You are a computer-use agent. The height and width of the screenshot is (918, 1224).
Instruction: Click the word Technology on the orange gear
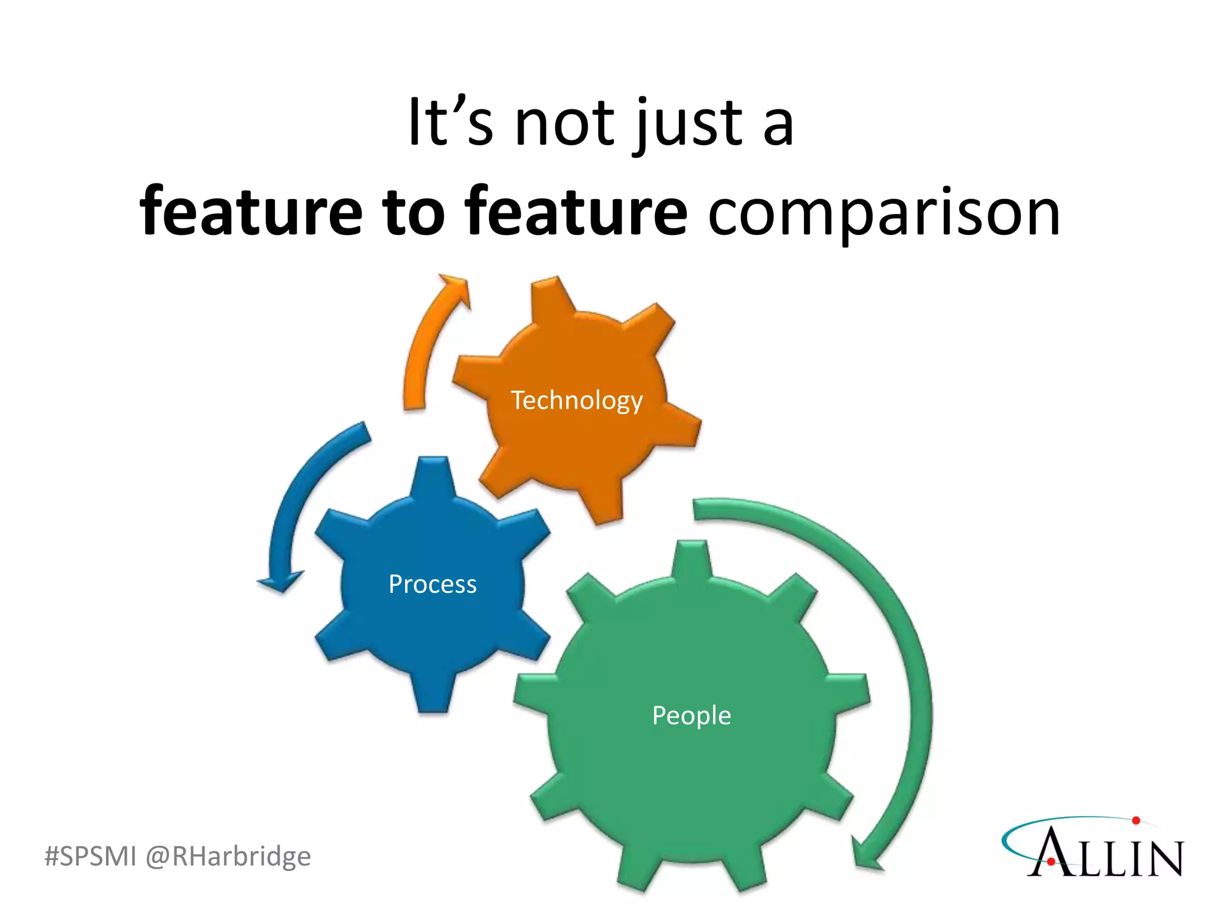pyautogui.click(x=577, y=400)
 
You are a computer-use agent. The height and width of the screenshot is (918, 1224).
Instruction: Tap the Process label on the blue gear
pyautogui.click(x=433, y=584)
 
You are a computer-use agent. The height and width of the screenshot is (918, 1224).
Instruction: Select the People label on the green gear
pyautogui.click(x=691, y=715)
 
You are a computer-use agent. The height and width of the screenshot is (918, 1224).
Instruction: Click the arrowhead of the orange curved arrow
pyautogui.click(x=457, y=288)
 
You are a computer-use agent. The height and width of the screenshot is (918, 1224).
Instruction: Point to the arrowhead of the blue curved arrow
pyautogui.click(x=280, y=581)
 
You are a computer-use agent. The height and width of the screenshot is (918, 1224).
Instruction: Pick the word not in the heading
pyautogui.click(x=565, y=123)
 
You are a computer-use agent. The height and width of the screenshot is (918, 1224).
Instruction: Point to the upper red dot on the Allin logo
pyautogui.click(x=1136, y=821)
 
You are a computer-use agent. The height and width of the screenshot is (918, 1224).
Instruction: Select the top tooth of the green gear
pyautogui.click(x=691, y=559)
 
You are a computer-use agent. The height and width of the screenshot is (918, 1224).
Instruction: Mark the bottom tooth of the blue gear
pyautogui.click(x=433, y=696)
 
